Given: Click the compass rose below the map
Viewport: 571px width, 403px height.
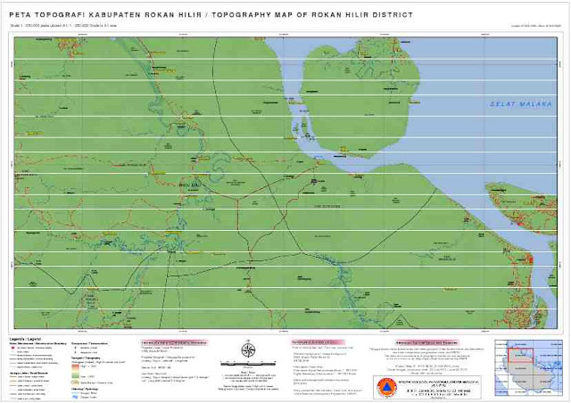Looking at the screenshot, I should tap(247, 350).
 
